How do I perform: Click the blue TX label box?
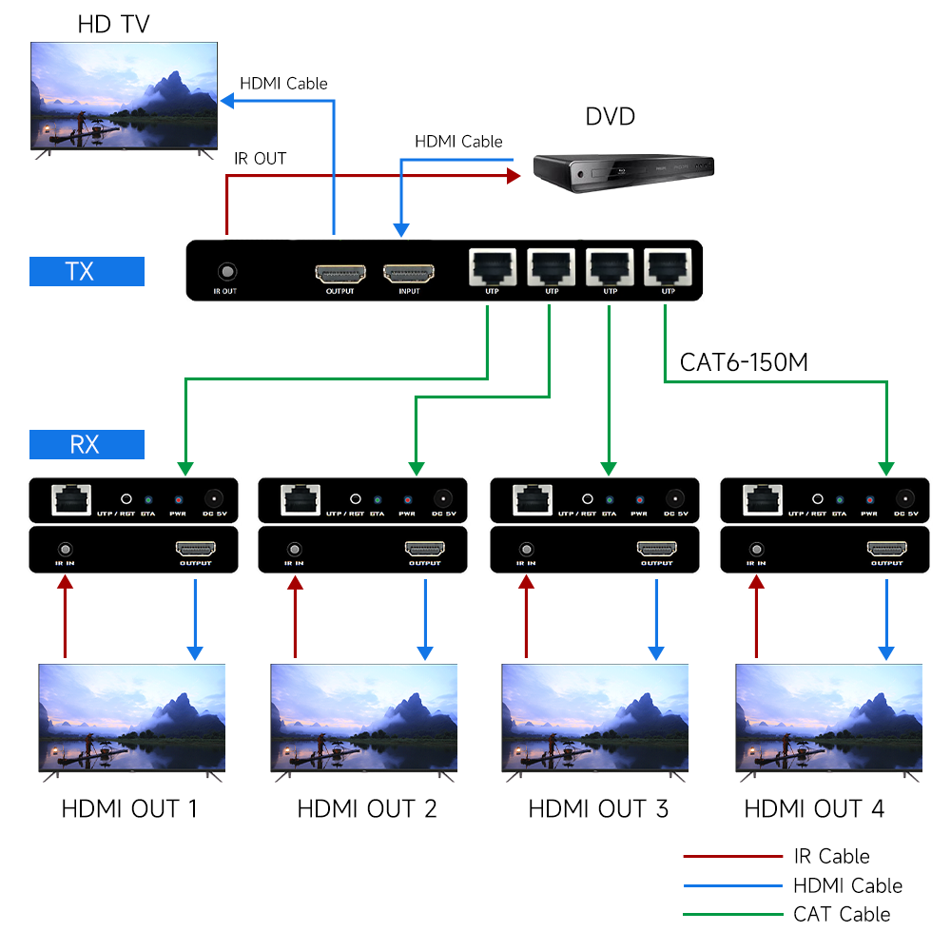[87, 271]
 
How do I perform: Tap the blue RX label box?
[87, 444]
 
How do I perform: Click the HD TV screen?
[125, 95]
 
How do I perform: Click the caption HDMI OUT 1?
[129, 809]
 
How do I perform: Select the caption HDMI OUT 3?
[598, 809]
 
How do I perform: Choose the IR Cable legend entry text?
[831, 857]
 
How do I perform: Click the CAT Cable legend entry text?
[842, 915]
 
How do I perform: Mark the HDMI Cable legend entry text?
[847, 886]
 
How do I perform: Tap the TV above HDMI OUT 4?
[828, 718]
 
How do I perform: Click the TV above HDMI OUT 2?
[364, 718]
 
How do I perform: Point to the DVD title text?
[610, 117]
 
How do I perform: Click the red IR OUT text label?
[260, 159]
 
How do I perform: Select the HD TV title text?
[113, 24]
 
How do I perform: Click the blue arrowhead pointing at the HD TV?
[228, 98]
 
